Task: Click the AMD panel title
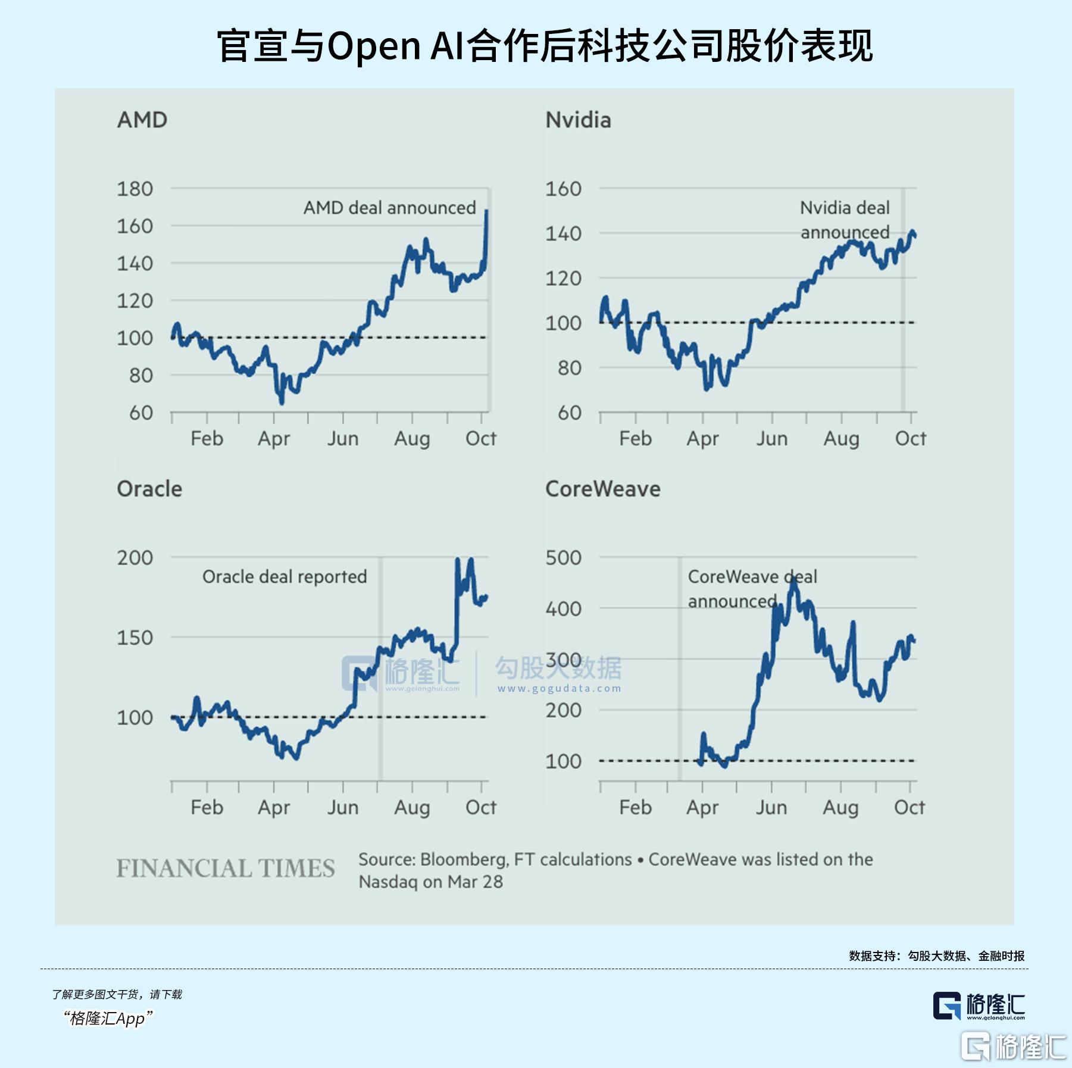pos(142,120)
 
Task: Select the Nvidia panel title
pos(578,120)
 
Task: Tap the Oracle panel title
pos(149,489)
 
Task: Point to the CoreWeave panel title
pos(602,489)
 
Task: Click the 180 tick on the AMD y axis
pos(135,189)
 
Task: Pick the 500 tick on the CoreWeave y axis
pos(563,558)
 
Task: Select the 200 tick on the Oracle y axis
pos(135,558)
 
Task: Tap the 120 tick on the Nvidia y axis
pos(563,279)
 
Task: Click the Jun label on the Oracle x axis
pos(343,808)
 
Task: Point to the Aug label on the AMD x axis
pos(412,439)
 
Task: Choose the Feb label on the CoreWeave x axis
pos(635,808)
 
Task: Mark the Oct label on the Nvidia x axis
pos(910,439)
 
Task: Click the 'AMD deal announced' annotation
pos(389,208)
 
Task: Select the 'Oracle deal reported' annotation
pos(285,577)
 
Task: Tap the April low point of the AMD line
pos(282,402)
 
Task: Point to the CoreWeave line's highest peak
pos(793,579)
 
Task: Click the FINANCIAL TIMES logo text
pos(226,869)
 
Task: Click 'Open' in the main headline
pos(374,46)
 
